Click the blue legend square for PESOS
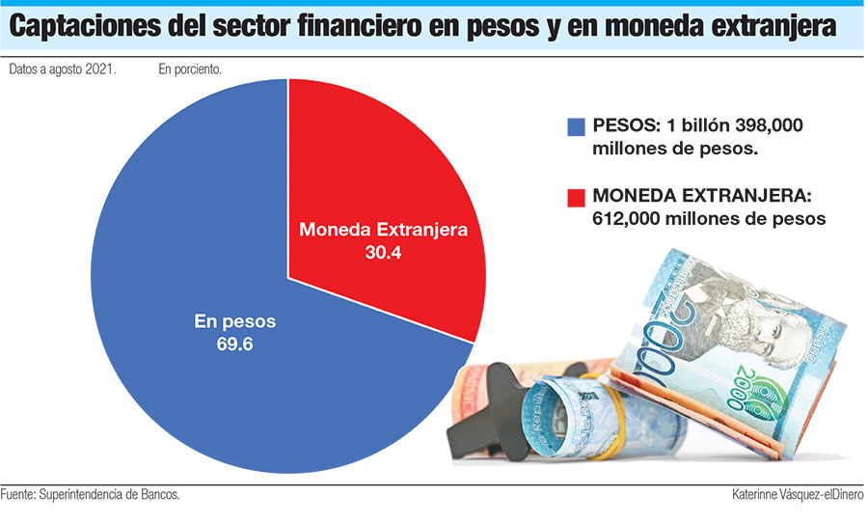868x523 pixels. [x=577, y=127]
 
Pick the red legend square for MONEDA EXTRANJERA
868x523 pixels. [x=577, y=197]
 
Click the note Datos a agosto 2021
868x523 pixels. [x=63, y=70]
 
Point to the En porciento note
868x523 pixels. [x=189, y=70]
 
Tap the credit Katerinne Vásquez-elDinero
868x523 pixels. [x=798, y=494]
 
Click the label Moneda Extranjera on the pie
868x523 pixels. [x=384, y=231]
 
